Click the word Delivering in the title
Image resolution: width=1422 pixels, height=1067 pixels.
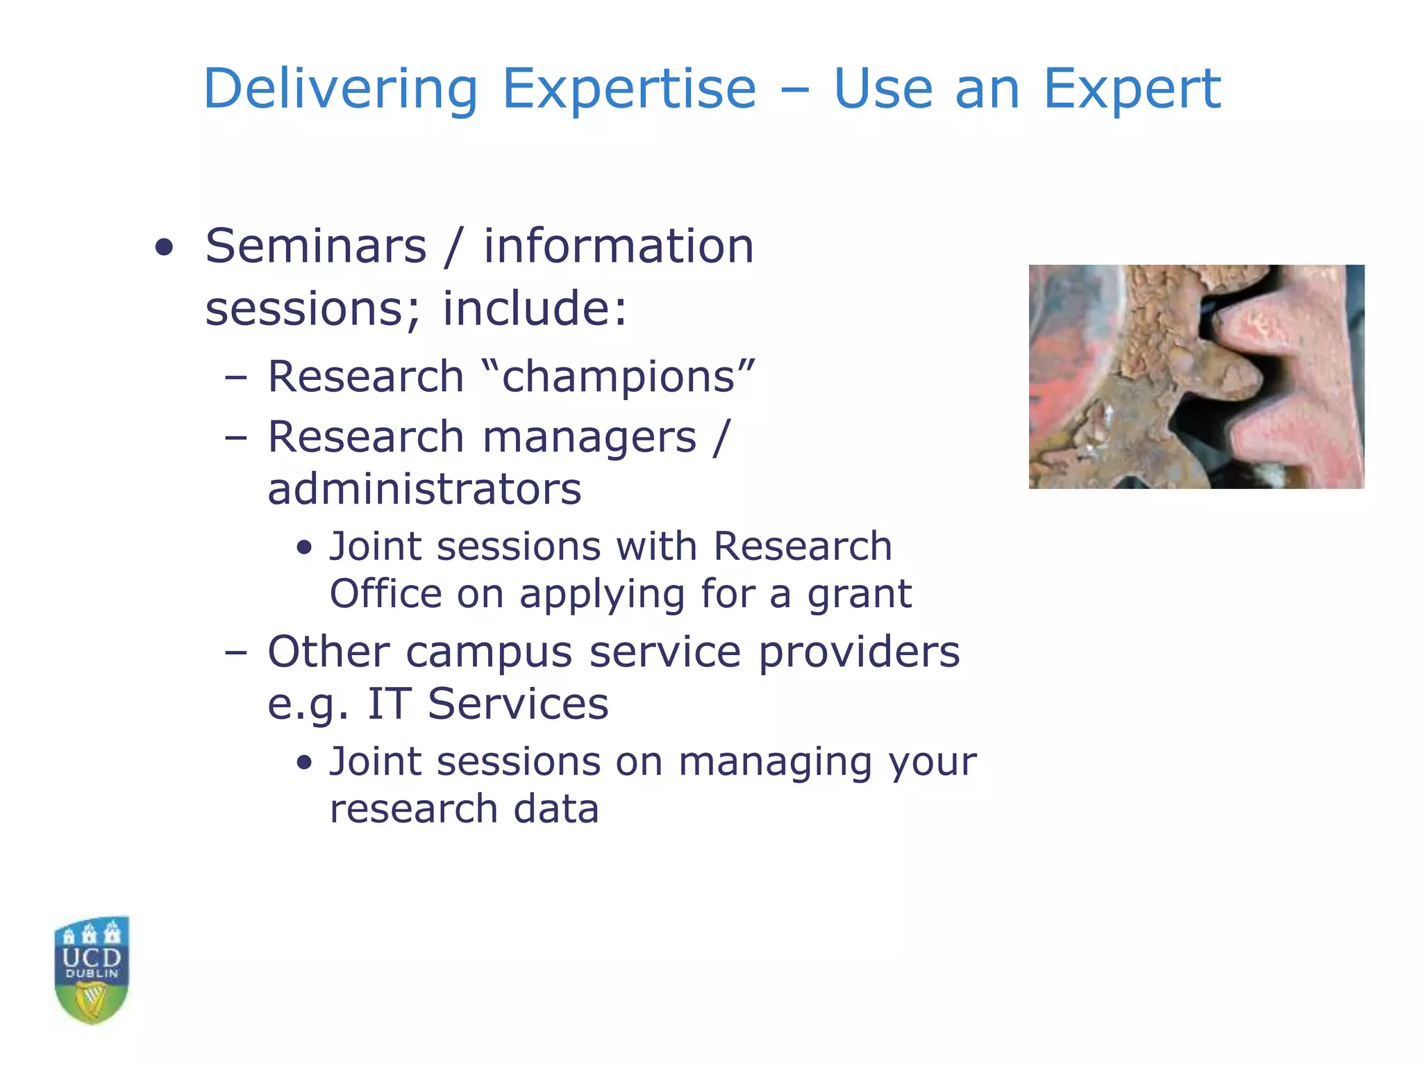pyautogui.click(x=340, y=90)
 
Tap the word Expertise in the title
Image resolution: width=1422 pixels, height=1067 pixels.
pyautogui.click(x=628, y=90)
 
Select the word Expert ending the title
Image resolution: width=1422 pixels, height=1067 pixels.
pyautogui.click(x=1132, y=90)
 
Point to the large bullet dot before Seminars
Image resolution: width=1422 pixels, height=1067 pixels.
pyautogui.click(x=165, y=248)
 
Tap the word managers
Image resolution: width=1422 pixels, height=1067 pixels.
pyautogui.click(x=589, y=438)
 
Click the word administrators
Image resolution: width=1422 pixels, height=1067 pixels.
pyautogui.click(x=424, y=489)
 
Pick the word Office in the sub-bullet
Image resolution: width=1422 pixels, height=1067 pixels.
pyautogui.click(x=385, y=594)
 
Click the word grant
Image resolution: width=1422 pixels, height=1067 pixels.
pyautogui.click(x=859, y=594)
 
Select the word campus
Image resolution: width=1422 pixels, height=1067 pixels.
pyautogui.click(x=489, y=653)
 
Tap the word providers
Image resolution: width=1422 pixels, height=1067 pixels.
pyautogui.click(x=859, y=653)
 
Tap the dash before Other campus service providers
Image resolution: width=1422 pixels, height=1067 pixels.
pyautogui.click(x=236, y=654)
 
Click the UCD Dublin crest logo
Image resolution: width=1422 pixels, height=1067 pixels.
pyautogui.click(x=92, y=970)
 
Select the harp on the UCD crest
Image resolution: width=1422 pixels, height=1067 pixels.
pyautogui.click(x=92, y=1001)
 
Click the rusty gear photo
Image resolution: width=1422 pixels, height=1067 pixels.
pyautogui.click(x=1196, y=377)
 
